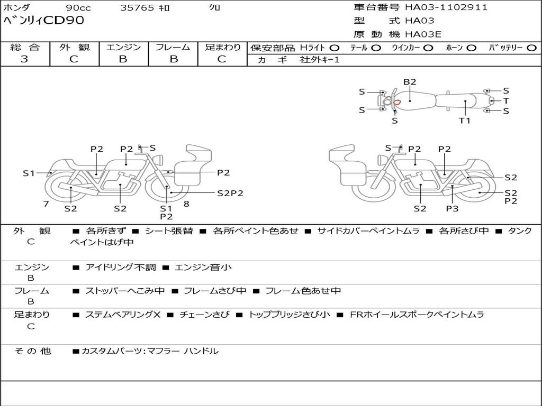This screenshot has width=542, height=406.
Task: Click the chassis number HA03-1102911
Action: [x=446, y=7]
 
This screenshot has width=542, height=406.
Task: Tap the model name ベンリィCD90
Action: [x=43, y=21]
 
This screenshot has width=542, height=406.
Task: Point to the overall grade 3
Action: [x=24, y=59]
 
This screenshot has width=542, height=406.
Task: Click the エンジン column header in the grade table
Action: [x=123, y=47]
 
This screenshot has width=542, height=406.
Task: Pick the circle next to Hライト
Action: [x=334, y=48]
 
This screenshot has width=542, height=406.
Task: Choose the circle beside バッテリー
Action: [x=531, y=48]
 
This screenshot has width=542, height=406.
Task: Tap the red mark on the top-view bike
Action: [x=397, y=102]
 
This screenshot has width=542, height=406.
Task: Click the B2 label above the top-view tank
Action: [x=410, y=82]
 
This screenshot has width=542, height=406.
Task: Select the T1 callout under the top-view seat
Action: [x=465, y=121]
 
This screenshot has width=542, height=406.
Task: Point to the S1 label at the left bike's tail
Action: [x=29, y=173]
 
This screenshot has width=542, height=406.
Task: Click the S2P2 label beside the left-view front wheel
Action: [x=230, y=193]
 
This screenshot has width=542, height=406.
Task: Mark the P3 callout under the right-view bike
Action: [x=452, y=208]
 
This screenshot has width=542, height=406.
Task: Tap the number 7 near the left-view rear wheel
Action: [x=46, y=204]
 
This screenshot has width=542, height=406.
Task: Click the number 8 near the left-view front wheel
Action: [x=186, y=204]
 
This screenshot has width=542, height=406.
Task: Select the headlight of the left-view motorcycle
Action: [x=159, y=160]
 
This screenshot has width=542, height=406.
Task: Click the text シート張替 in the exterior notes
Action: [x=169, y=231]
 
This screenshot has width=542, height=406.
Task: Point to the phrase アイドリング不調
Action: [x=121, y=267]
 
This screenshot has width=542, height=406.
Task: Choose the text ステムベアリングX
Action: [x=123, y=315]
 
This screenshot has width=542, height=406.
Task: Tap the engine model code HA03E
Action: [x=423, y=34]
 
